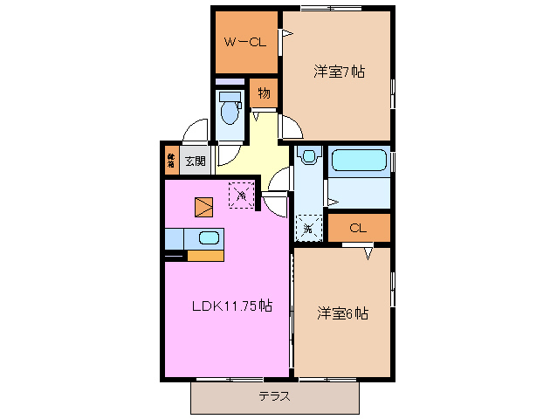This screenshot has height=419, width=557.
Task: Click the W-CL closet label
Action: [x=244, y=42]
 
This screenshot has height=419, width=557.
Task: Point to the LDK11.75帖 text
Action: [x=232, y=306]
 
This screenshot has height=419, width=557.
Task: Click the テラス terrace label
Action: [x=274, y=396]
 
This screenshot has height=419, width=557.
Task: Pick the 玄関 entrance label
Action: [x=195, y=161]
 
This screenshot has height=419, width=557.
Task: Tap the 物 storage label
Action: [x=264, y=93]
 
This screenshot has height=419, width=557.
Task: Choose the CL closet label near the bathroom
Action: [x=357, y=229]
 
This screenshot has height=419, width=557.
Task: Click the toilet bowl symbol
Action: [x=230, y=112]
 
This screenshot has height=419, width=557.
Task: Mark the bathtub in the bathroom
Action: [x=359, y=161]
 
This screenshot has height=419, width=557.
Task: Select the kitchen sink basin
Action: [x=210, y=237]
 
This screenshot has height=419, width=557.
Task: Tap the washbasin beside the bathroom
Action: [x=306, y=157]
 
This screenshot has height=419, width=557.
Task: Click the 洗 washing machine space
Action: [x=308, y=229]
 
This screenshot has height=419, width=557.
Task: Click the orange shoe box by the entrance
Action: [x=171, y=161]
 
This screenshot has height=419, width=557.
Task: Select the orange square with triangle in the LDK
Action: [x=203, y=206]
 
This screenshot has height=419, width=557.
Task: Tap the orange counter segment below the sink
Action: [x=206, y=256]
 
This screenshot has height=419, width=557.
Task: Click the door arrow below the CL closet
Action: [x=368, y=252]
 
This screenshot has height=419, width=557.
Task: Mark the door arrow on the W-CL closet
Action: [x=285, y=34]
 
